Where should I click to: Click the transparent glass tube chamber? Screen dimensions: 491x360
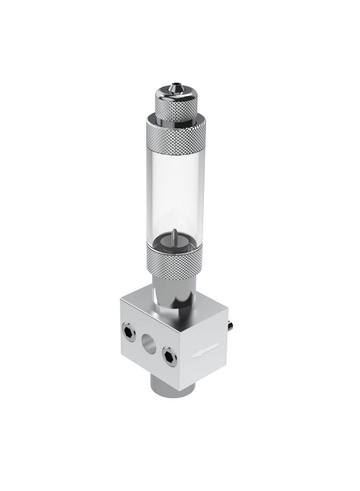click(x=173, y=191)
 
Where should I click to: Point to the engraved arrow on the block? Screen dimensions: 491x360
click(x=206, y=349)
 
